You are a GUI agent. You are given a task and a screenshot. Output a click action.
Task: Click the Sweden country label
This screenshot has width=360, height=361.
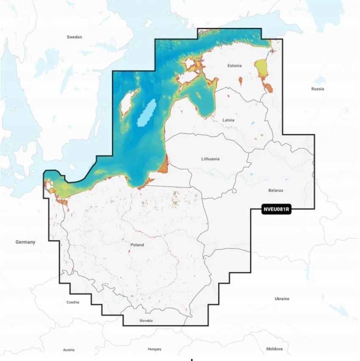(x=74, y=37)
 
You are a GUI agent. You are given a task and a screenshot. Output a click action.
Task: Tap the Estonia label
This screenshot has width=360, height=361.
(x=235, y=66)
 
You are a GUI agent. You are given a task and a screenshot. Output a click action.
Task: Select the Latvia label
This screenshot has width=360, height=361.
(x=228, y=120)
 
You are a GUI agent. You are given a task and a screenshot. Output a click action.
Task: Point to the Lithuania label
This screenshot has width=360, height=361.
(x=210, y=159)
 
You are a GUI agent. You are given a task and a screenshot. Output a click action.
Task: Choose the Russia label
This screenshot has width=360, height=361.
(x=317, y=89)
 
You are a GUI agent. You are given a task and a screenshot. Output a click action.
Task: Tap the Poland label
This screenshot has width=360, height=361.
(x=137, y=245)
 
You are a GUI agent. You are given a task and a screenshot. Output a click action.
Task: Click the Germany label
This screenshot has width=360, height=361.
(x=25, y=242)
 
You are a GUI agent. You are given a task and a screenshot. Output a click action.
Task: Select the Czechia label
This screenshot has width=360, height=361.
(x=73, y=302)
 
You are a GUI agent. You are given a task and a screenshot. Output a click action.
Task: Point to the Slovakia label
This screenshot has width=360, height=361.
(x=146, y=321)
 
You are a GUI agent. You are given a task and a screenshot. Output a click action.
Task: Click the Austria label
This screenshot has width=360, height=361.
(x=68, y=350)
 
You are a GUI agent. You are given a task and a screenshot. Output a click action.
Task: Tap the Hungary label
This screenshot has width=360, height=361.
(x=155, y=349)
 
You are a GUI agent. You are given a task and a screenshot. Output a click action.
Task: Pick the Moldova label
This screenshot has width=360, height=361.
(x=274, y=349)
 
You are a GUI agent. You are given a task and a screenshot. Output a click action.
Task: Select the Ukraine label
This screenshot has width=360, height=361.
(x=282, y=299)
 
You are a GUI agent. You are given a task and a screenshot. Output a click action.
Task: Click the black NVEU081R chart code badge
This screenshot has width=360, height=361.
(x=276, y=209)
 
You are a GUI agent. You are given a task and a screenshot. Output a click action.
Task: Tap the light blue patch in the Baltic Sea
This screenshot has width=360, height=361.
(x=147, y=113)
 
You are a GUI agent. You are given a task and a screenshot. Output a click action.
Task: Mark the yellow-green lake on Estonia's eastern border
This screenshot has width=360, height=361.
(x=262, y=68)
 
